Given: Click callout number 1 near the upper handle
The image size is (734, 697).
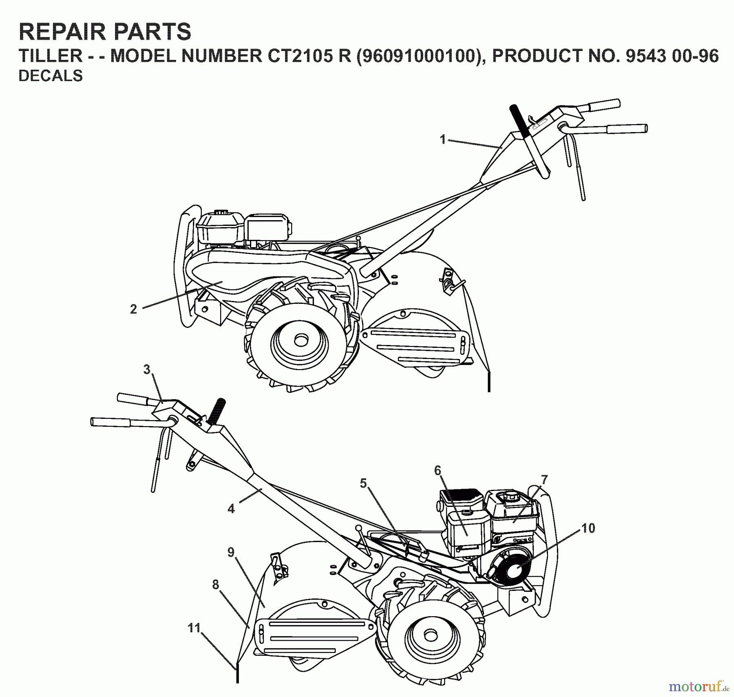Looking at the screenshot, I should coord(442,139).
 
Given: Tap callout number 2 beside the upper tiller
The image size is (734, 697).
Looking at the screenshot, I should coord(133,309).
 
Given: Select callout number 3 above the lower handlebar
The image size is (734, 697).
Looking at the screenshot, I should coord(147,370).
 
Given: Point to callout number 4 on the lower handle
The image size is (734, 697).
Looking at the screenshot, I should coord(231,509).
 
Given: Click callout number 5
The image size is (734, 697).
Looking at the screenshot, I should coord(363,484).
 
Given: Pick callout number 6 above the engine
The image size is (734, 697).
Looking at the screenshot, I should coord(438,471).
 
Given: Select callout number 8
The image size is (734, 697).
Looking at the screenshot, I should coord(216,585).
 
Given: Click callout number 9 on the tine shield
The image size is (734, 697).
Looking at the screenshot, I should coord(231,553).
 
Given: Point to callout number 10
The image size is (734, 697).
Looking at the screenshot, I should coord(588,528).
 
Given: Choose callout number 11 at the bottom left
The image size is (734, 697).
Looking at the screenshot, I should coord(194,627).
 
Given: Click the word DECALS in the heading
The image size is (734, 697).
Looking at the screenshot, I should coord(51,76).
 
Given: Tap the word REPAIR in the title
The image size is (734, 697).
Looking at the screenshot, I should coord(60,32).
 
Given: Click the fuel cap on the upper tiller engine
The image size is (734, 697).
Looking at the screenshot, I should coord(221,213).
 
